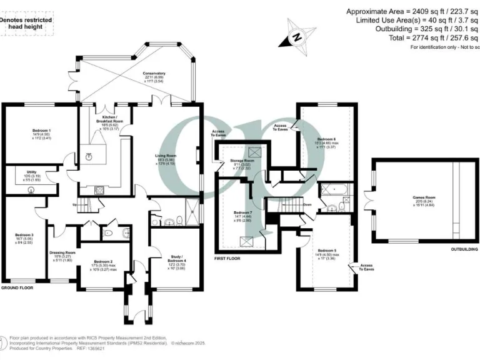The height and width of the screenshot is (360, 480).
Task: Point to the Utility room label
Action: (31, 174)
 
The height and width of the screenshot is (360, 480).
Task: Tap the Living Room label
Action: (166, 159)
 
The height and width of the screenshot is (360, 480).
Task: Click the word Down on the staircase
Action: (307, 203)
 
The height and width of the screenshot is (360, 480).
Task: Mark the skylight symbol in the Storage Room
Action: (252, 150)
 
